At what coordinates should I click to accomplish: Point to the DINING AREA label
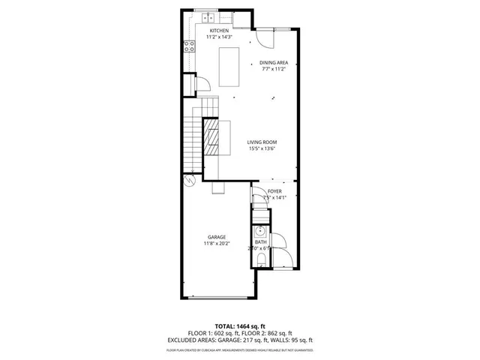point(274,63)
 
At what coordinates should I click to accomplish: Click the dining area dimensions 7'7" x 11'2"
point(274,70)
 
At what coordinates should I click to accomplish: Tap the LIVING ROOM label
point(262,142)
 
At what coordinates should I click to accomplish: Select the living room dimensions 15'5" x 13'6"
point(262,148)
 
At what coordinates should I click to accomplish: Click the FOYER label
point(274,191)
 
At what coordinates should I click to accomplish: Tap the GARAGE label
point(217,237)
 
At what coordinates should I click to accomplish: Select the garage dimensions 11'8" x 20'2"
point(217,244)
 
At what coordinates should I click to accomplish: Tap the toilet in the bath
point(259,259)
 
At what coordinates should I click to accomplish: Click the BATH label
point(260,241)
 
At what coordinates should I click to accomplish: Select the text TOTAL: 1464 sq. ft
point(240,326)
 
